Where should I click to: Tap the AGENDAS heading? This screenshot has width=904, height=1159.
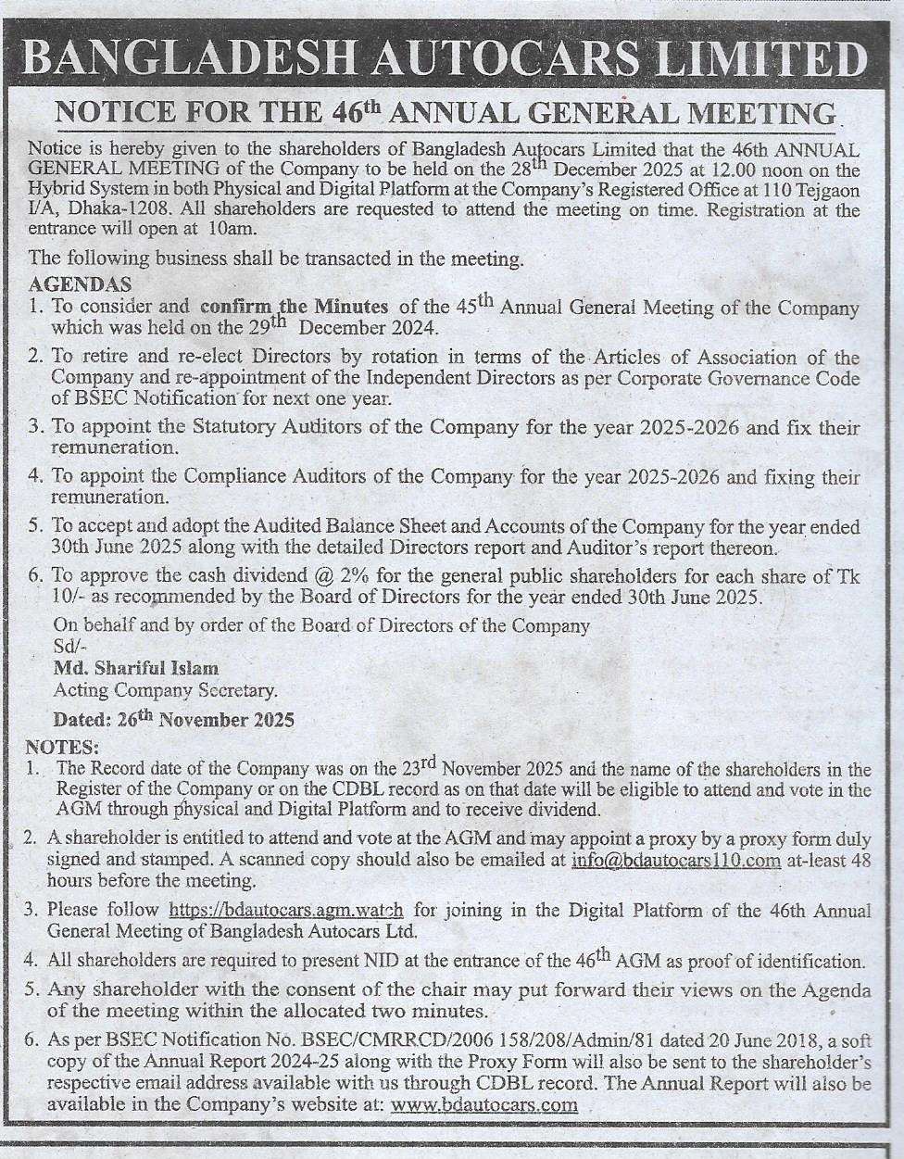click(80, 283)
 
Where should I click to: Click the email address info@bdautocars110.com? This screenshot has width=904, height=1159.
click(676, 861)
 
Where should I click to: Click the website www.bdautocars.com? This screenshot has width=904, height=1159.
click(484, 1104)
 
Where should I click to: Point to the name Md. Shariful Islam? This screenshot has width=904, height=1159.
click(136, 668)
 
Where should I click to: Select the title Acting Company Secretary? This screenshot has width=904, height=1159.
click(165, 690)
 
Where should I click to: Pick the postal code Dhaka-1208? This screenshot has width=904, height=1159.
click(129, 210)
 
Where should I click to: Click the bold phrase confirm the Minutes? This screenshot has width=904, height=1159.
click(294, 307)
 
